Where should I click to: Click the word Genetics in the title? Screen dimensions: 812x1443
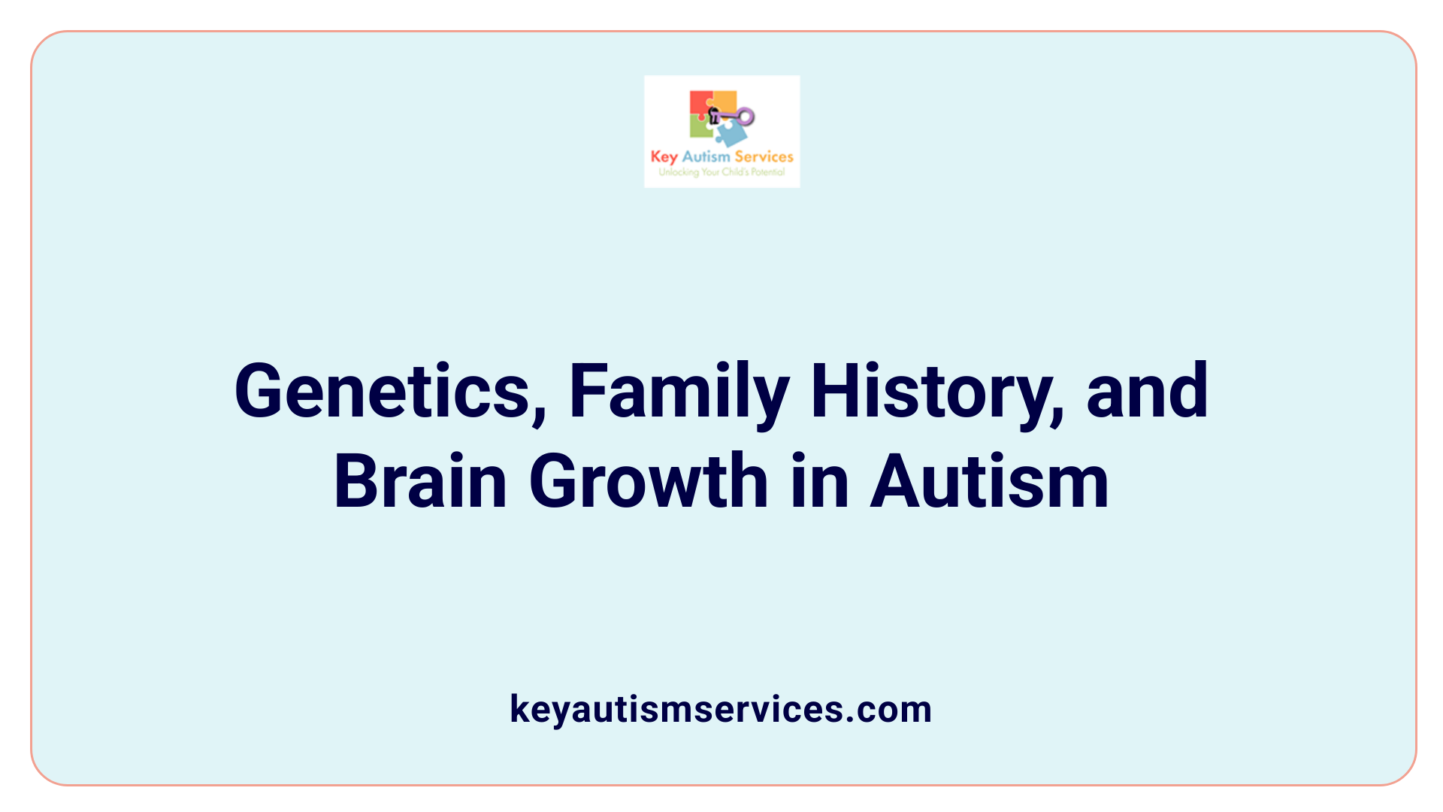383,391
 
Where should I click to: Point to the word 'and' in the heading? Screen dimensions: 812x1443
1148,391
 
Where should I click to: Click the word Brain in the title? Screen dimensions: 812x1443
421,481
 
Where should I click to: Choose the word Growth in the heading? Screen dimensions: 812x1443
649,481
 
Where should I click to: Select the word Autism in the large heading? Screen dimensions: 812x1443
989,481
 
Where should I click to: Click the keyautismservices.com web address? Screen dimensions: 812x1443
721,709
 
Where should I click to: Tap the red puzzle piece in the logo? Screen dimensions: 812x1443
700,103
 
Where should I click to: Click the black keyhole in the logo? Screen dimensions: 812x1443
714,116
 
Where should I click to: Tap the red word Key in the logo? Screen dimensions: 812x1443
664,157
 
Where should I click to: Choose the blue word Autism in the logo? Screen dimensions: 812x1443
706,156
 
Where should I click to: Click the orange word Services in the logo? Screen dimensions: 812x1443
764,156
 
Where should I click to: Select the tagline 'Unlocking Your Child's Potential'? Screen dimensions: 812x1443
721,172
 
